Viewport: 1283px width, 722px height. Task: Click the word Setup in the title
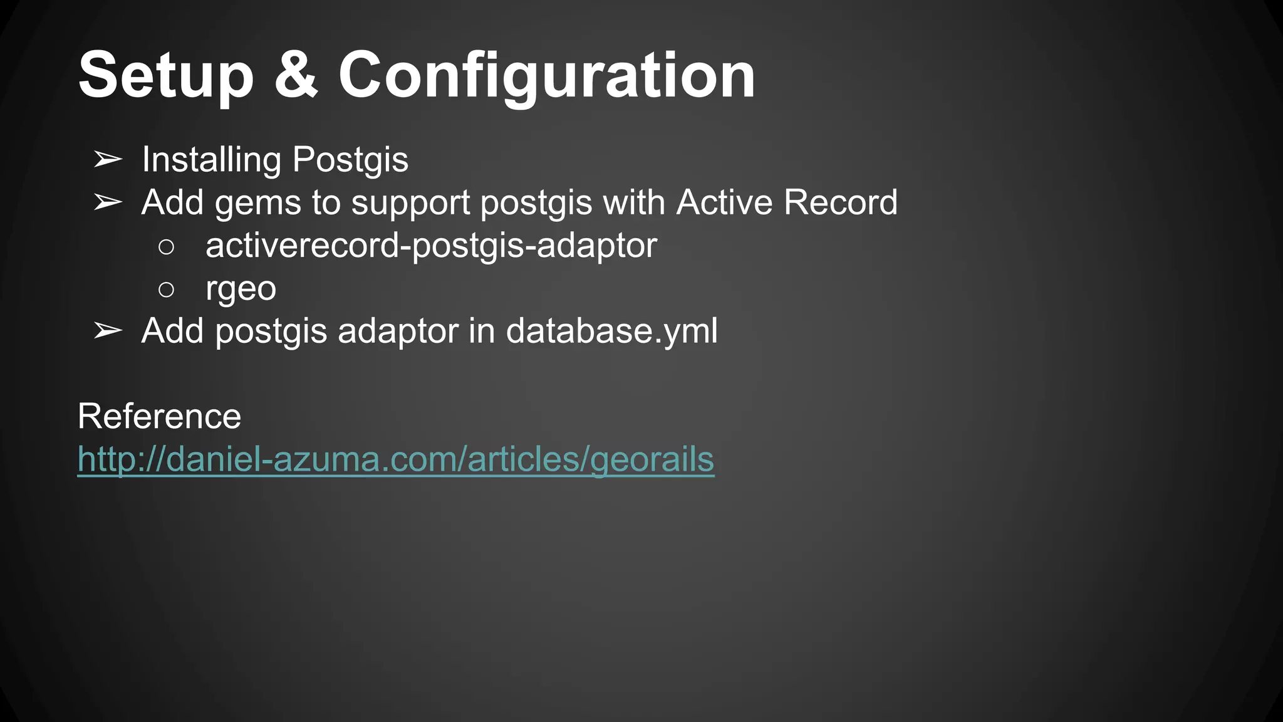[x=165, y=76]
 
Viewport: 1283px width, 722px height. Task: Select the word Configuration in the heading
[x=546, y=76]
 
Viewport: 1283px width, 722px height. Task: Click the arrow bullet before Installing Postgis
[x=108, y=160]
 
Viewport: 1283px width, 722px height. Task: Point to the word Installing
[x=211, y=160]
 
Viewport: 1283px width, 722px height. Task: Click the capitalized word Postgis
[x=350, y=160]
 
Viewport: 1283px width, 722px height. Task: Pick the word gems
[x=257, y=203]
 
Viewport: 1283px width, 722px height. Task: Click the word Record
[x=841, y=202]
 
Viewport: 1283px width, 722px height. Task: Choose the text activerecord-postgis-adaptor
[x=431, y=245]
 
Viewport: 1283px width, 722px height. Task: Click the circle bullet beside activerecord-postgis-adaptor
[x=166, y=247]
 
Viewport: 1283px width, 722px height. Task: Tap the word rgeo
[x=241, y=289]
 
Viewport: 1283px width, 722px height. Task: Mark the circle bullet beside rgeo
[x=166, y=290]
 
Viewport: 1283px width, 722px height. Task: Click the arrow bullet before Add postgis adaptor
[x=108, y=330]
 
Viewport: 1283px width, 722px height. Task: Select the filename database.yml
[x=611, y=330]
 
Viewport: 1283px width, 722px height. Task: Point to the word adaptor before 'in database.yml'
[x=398, y=332]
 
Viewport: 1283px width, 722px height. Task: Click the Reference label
[x=159, y=416]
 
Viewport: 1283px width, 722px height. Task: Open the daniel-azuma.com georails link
[x=395, y=459]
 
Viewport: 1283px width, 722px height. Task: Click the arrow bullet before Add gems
[x=108, y=202]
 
